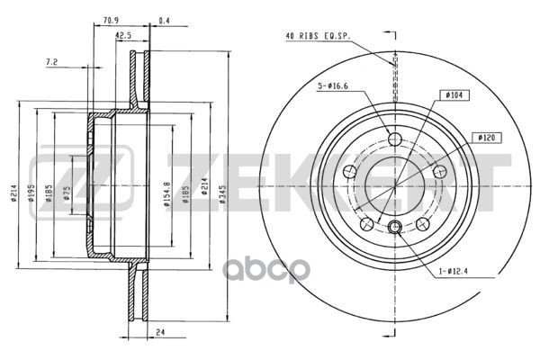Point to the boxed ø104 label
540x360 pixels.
[454, 94]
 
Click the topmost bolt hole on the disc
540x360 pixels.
[394, 138]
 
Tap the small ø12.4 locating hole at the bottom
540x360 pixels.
[394, 226]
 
